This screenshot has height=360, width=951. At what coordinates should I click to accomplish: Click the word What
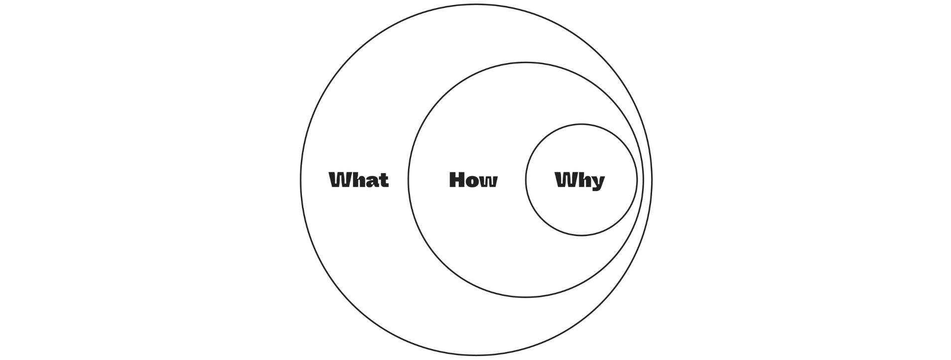[x=359, y=180]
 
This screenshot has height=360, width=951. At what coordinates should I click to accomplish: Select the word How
[x=473, y=180]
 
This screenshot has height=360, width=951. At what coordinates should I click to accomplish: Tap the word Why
[x=580, y=180]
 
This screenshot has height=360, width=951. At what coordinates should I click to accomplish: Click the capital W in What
[x=339, y=180]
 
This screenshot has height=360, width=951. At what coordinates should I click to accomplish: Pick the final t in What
[x=383, y=180]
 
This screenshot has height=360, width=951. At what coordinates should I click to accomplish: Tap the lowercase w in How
[x=489, y=181]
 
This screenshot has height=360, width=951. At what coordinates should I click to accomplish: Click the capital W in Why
[x=565, y=180]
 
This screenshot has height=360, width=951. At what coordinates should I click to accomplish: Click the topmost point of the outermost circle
[x=476, y=4]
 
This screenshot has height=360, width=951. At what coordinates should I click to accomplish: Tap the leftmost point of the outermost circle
[x=300, y=180]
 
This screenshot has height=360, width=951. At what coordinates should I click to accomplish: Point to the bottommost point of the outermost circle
[x=476, y=356]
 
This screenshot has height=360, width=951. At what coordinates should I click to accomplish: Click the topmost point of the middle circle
[x=526, y=62]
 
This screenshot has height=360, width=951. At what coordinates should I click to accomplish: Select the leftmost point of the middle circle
[x=408, y=180]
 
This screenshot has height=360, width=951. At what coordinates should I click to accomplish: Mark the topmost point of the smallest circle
[x=581, y=124]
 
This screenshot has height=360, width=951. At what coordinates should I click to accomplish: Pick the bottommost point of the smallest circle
[x=581, y=236]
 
